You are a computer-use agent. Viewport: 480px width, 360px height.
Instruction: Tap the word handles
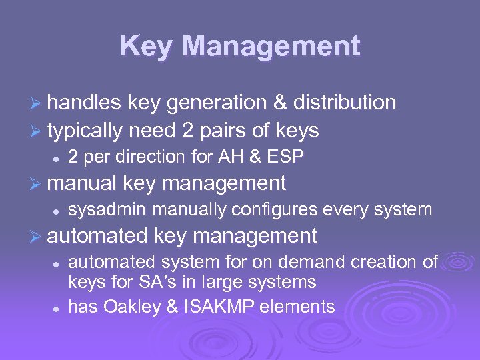point(84,103)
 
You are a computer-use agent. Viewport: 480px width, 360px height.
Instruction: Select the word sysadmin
point(107,209)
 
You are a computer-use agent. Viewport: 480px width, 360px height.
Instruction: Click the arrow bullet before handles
point(37,103)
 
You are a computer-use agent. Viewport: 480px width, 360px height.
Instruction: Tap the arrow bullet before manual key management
point(37,183)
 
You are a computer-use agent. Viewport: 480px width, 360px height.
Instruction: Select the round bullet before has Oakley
point(57,307)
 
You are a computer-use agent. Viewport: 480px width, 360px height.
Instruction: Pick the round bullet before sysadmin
point(57,211)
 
